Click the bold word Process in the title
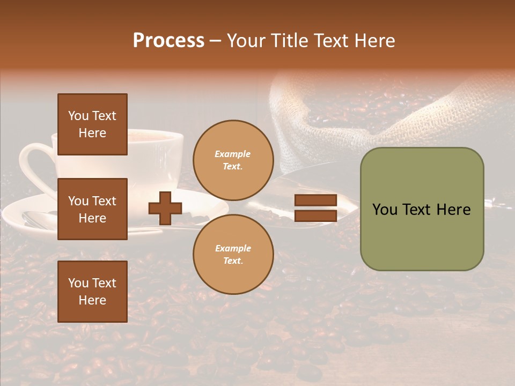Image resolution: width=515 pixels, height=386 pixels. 168,41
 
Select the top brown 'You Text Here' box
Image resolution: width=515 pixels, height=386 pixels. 92,124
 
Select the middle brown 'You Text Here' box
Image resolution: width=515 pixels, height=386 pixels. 92,209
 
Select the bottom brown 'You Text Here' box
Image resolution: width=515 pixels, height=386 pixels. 92,291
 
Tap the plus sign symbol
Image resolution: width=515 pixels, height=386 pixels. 165,208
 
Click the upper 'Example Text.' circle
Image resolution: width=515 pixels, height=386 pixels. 233,160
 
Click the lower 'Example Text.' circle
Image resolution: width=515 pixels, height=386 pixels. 233,255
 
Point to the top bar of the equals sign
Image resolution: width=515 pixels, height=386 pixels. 315,201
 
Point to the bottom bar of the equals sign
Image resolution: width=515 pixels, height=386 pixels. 315,216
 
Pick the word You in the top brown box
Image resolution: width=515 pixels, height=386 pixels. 78,116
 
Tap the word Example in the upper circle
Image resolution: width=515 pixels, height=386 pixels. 232,154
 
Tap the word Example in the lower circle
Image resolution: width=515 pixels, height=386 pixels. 233,248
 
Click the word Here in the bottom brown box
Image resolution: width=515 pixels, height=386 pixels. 92,300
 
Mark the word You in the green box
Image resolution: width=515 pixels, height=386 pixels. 385,210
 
